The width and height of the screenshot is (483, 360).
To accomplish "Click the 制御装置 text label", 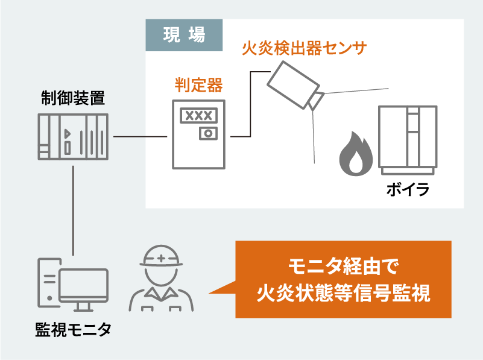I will (73, 98).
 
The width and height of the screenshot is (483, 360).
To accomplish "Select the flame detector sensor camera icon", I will (292, 84).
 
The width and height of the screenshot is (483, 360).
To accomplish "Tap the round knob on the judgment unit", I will (209, 133).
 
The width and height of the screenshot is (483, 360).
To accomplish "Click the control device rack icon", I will (73, 136).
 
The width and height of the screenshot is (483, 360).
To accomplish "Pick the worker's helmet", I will (161, 257).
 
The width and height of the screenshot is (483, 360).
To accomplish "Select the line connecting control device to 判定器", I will (140, 137).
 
